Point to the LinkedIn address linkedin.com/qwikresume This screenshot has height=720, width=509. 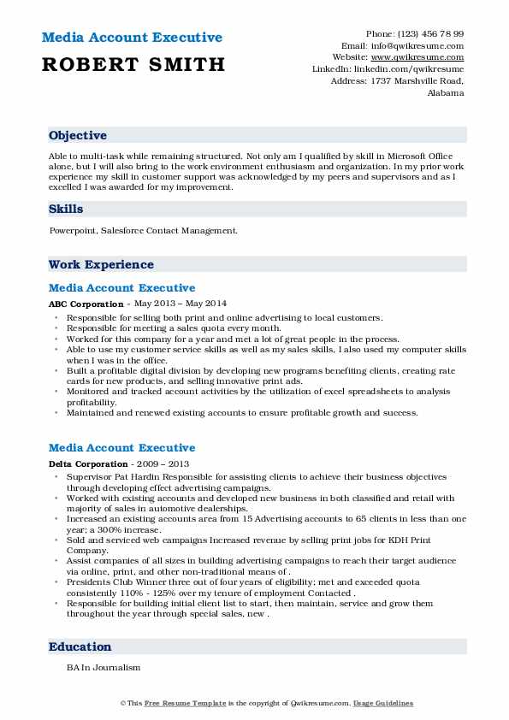point(415,68)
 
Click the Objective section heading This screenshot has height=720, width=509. point(78,136)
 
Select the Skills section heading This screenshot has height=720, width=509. point(66,209)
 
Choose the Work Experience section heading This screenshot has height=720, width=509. point(101,265)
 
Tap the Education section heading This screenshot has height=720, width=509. point(80,647)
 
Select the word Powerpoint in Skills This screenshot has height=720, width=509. point(74,231)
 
